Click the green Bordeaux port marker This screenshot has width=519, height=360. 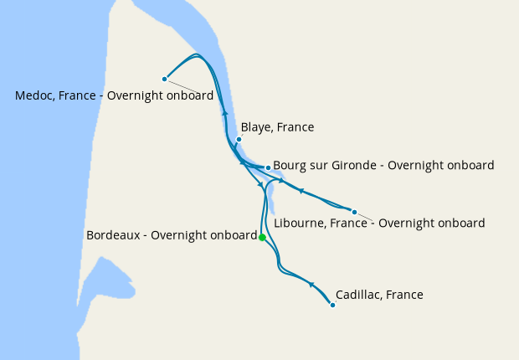[262, 238]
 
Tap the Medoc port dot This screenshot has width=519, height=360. [165, 80]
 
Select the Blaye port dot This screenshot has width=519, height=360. [239, 140]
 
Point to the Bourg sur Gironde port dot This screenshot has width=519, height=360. [268, 167]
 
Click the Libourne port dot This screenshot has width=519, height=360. [354, 212]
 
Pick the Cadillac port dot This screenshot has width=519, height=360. [332, 305]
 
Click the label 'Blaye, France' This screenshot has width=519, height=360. [277, 127]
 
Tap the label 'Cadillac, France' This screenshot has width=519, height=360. [379, 295]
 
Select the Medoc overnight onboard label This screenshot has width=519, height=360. [114, 95]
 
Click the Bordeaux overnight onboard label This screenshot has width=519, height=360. [171, 235]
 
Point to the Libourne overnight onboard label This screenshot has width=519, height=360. [379, 224]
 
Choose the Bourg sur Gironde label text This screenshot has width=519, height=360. [383, 165]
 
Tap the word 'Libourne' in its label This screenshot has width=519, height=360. [300, 224]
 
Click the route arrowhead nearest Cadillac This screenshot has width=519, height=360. [311, 285]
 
